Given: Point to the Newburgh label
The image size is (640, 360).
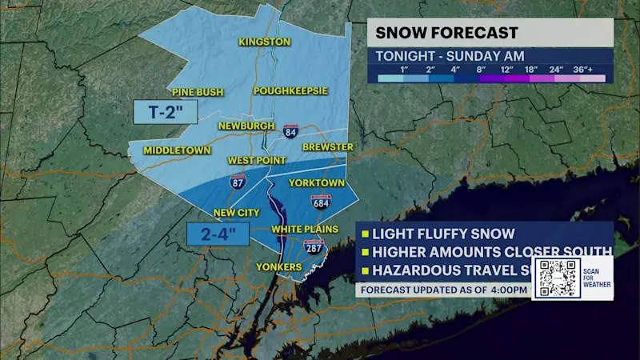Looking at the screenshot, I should tap(247, 126).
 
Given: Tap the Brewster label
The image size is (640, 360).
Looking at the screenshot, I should tap(327, 147).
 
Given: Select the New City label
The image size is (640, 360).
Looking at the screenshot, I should tap(237, 213).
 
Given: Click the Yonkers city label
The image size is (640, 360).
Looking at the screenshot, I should tap(278, 266).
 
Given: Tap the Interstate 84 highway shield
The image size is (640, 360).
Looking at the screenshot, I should tap(291, 130).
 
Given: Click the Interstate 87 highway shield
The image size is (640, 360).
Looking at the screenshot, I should tap(238, 182).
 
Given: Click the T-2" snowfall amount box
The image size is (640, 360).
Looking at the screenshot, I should tap(165, 112).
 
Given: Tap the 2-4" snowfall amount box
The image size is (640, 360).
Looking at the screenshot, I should tap(218, 235).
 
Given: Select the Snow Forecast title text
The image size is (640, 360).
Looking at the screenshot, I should tap(447, 33).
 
